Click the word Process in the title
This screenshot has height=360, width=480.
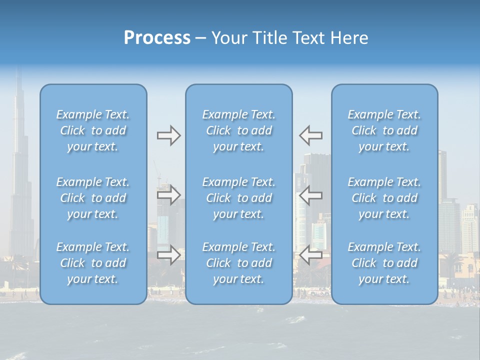[x=157, y=38]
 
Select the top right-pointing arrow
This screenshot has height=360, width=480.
[x=168, y=135]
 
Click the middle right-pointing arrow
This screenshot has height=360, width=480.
[x=168, y=195]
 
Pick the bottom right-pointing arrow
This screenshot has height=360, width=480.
[x=168, y=255]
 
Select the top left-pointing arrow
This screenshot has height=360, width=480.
[x=311, y=135]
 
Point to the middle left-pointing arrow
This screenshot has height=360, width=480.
[x=311, y=195]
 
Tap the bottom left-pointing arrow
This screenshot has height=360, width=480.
[x=311, y=255]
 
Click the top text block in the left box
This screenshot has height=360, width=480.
[x=93, y=130]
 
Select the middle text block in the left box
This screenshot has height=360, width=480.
[x=93, y=198]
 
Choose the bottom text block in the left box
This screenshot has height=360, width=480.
[x=93, y=263]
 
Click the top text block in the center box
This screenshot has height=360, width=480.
[x=239, y=130]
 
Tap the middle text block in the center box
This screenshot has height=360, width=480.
[x=239, y=198]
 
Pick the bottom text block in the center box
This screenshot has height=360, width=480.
[x=239, y=263]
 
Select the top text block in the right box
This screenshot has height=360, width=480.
[x=384, y=130]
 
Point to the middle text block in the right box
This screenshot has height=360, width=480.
[x=384, y=198]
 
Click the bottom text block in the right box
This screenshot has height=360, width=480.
[x=384, y=263]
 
